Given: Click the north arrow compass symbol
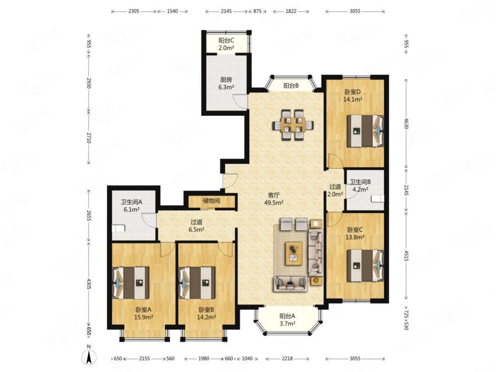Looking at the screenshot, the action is tap(89, 356).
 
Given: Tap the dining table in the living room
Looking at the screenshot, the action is tap(293, 125).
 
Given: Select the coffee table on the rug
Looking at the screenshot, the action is tap(294, 253).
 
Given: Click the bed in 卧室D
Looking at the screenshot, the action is tap(365, 131).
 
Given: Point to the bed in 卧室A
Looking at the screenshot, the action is tap(131, 283).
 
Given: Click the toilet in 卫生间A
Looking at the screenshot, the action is tap(118, 228).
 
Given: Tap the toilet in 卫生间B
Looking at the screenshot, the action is tap(377, 199).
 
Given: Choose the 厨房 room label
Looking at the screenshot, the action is tap(226, 80).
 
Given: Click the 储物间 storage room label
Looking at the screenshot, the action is tap(211, 201).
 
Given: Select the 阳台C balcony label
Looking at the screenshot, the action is tap(226, 41).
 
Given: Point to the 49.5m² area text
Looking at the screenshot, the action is tap(273, 203).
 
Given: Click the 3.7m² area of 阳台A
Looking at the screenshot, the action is tap(287, 324).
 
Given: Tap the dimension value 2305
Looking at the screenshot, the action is tap(134, 11).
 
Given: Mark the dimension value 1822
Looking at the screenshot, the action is tap(291, 11).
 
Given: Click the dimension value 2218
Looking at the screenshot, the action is tap(287, 359).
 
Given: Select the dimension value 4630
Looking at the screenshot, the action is tap(406, 124).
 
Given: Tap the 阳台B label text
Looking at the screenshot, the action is tap(291, 86).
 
